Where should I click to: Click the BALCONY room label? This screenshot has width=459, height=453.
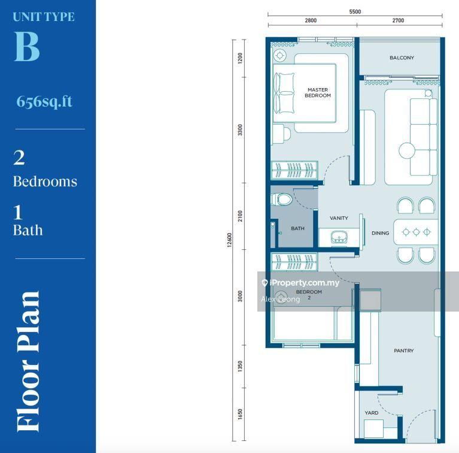tap(402, 58)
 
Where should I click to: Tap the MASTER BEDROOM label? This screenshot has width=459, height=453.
tap(318, 93)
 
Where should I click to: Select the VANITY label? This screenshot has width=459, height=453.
tap(339, 218)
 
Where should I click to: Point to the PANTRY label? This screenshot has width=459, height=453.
tap(404, 351)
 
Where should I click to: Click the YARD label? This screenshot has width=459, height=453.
tap(372, 413)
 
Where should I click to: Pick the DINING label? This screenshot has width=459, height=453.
tap(380, 233)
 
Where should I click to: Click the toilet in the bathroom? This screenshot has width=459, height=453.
tap(282, 200)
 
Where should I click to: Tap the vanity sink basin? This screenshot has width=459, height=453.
tap(339, 237)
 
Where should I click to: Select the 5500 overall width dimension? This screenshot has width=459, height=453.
tap(355, 12)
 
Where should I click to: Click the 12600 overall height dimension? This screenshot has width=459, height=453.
tap(230, 240)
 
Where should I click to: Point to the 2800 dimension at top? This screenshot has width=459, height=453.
tap(311, 20)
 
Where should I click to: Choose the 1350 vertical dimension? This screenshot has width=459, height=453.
tap(240, 367)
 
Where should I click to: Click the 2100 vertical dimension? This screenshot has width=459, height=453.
tap(240, 216)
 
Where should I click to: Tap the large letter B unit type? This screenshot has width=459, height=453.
tap(27, 46)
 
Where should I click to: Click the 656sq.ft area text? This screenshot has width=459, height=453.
tap(44, 101)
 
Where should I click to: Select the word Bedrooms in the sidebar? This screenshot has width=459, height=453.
tap(45, 182)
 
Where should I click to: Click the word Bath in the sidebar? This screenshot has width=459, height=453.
tap(28, 230)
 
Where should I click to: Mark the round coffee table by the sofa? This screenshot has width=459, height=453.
tap(407, 150)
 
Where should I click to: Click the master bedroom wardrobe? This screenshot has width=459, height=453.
tap(294, 170)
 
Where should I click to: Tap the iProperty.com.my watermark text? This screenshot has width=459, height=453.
tap(304, 283)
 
